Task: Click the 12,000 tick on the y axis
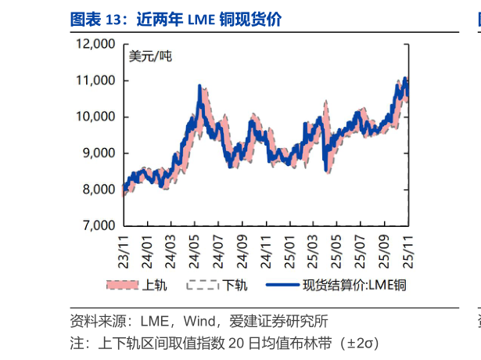click(95, 44)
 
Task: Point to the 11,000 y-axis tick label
click(95, 81)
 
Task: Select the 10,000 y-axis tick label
click(95, 117)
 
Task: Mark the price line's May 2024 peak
click(199, 85)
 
